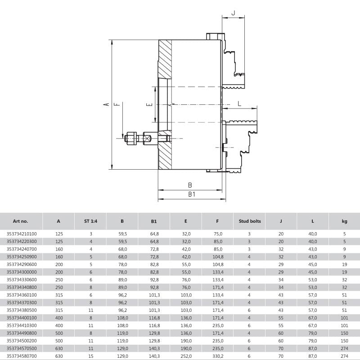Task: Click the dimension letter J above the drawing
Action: tap(234, 13)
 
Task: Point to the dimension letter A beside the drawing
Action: tap(106, 104)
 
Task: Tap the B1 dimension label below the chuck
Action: tap(192, 194)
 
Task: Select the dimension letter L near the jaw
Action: tap(239, 103)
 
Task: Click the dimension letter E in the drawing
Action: tap(149, 105)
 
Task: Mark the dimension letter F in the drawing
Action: tap(117, 104)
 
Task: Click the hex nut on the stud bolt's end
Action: tap(131, 139)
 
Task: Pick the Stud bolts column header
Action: tap(250, 221)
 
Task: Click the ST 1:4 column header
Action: tap(91, 221)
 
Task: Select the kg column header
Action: tap(344, 221)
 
